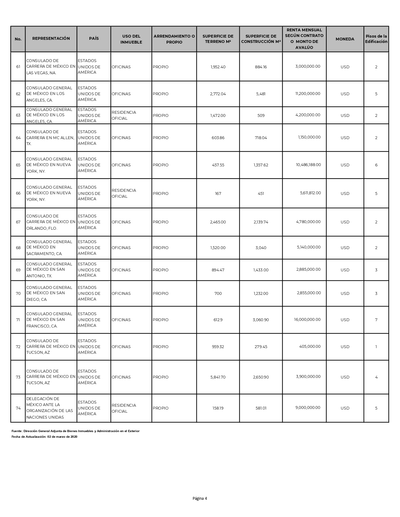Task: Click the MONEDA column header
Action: pyautogui.click(x=345, y=39)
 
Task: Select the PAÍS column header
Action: pyautogui.click(x=93, y=39)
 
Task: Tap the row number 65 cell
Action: pyautogui.click(x=18, y=165)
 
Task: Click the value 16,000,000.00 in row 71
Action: pyautogui.click(x=307, y=320)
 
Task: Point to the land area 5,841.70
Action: pyautogui.click(x=218, y=377)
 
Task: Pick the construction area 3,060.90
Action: pyautogui.click(x=260, y=320)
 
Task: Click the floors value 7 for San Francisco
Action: pyautogui.click(x=376, y=320)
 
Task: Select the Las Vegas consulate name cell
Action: pyautogui.click(x=51, y=67)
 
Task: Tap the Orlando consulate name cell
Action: pyautogui.click(x=51, y=222)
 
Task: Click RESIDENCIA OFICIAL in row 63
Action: pyautogui.click(x=124, y=115)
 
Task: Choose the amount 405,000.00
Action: pyautogui.click(x=310, y=347)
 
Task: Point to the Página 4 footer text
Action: pyautogui.click(x=200, y=499)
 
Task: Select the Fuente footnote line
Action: pyautogui.click(x=75, y=431)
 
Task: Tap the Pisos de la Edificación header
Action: pyautogui.click(x=376, y=39)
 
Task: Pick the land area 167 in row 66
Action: pyautogui.click(x=218, y=194)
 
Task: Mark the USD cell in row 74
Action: pyautogui.click(x=345, y=408)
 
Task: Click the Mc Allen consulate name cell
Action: pyautogui.click(x=51, y=138)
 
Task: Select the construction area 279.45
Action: pyautogui.click(x=261, y=347)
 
